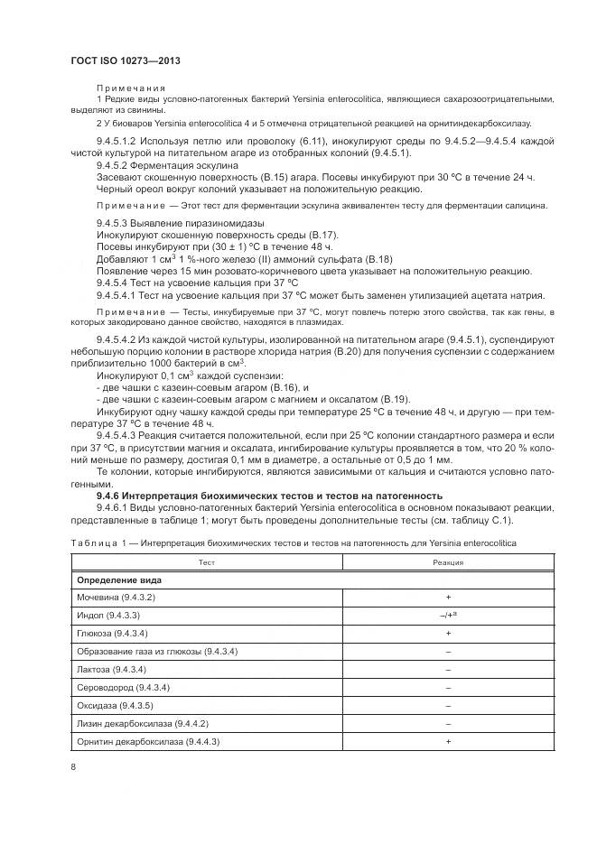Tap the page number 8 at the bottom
coord(73,766)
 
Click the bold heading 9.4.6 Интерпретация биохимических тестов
coord(269,496)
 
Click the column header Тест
coord(206,561)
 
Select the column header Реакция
coord(448,561)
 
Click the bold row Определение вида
coord(119,580)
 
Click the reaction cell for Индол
coord(448,616)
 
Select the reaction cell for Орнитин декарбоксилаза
coord(448,741)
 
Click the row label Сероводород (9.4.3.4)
coord(123,688)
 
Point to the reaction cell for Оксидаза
coord(448,706)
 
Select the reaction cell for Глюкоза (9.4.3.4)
coord(448,634)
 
